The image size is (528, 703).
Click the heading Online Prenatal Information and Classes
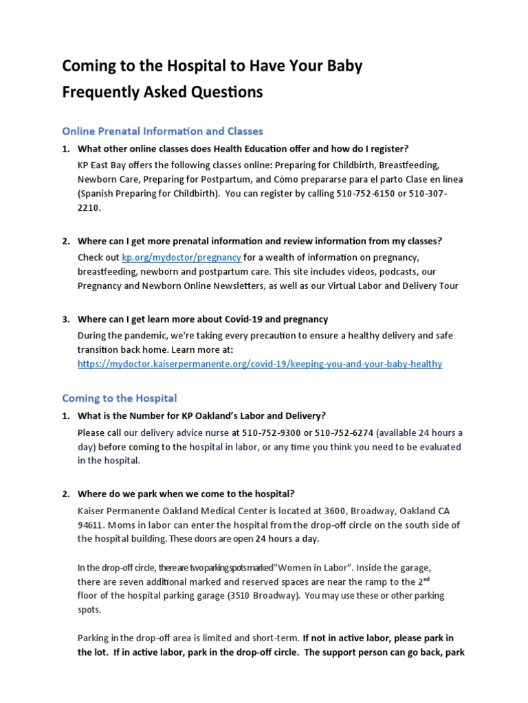(162, 130)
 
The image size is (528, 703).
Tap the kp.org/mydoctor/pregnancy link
(181, 257)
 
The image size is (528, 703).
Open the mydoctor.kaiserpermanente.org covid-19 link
(260, 363)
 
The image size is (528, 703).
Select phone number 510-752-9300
(269, 433)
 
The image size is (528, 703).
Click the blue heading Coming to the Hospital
(119, 398)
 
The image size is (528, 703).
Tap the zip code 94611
(93, 525)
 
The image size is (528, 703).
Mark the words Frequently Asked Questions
(162, 92)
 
